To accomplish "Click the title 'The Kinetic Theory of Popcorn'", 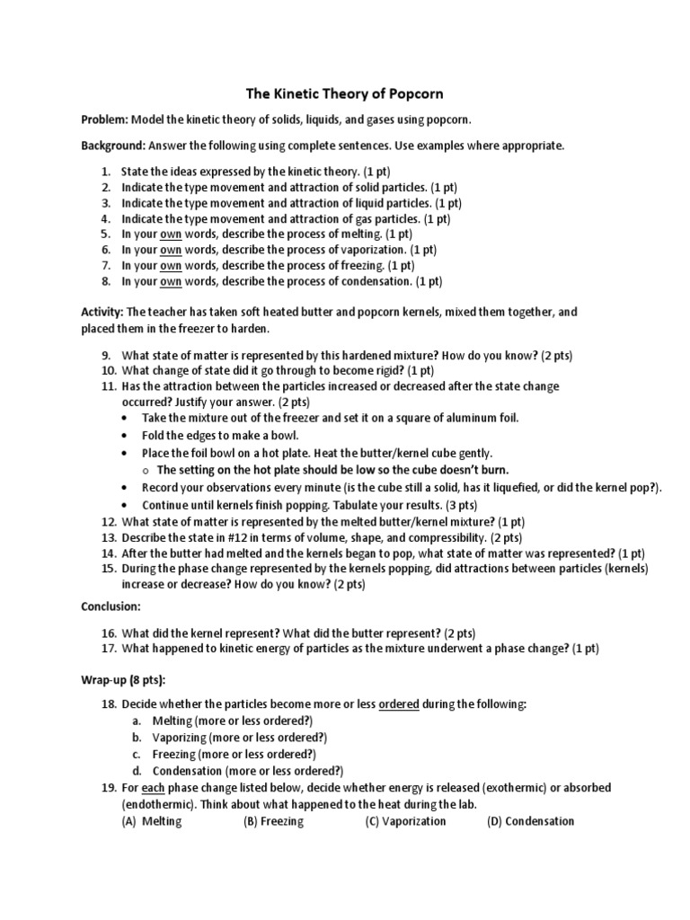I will pyautogui.click(x=345, y=93).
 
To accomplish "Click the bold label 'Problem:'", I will pyautogui.click(x=106, y=119).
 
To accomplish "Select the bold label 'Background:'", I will pyautogui.click(x=113, y=146).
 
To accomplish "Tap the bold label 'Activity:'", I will pyautogui.click(x=102, y=312).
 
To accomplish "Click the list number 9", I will pyautogui.click(x=105, y=356).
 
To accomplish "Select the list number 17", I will pyautogui.click(x=106, y=648).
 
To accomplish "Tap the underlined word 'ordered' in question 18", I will pyautogui.click(x=399, y=704).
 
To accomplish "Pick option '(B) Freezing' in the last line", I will pyautogui.click(x=273, y=821).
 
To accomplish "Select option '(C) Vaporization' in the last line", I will pyautogui.click(x=405, y=821).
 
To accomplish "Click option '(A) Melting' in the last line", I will pyautogui.click(x=151, y=821).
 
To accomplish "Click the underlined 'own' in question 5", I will pyautogui.click(x=171, y=234).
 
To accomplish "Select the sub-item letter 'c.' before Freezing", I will pyautogui.click(x=136, y=755).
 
